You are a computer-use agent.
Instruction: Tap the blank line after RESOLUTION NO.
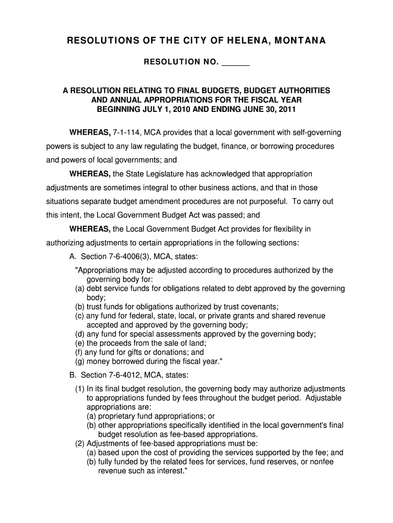point(236,62)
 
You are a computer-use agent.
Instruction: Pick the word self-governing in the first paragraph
point(315,133)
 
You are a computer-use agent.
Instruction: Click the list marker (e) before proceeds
point(80,343)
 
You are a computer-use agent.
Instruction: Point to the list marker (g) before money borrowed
point(80,362)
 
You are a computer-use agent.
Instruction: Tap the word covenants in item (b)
point(258,306)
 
